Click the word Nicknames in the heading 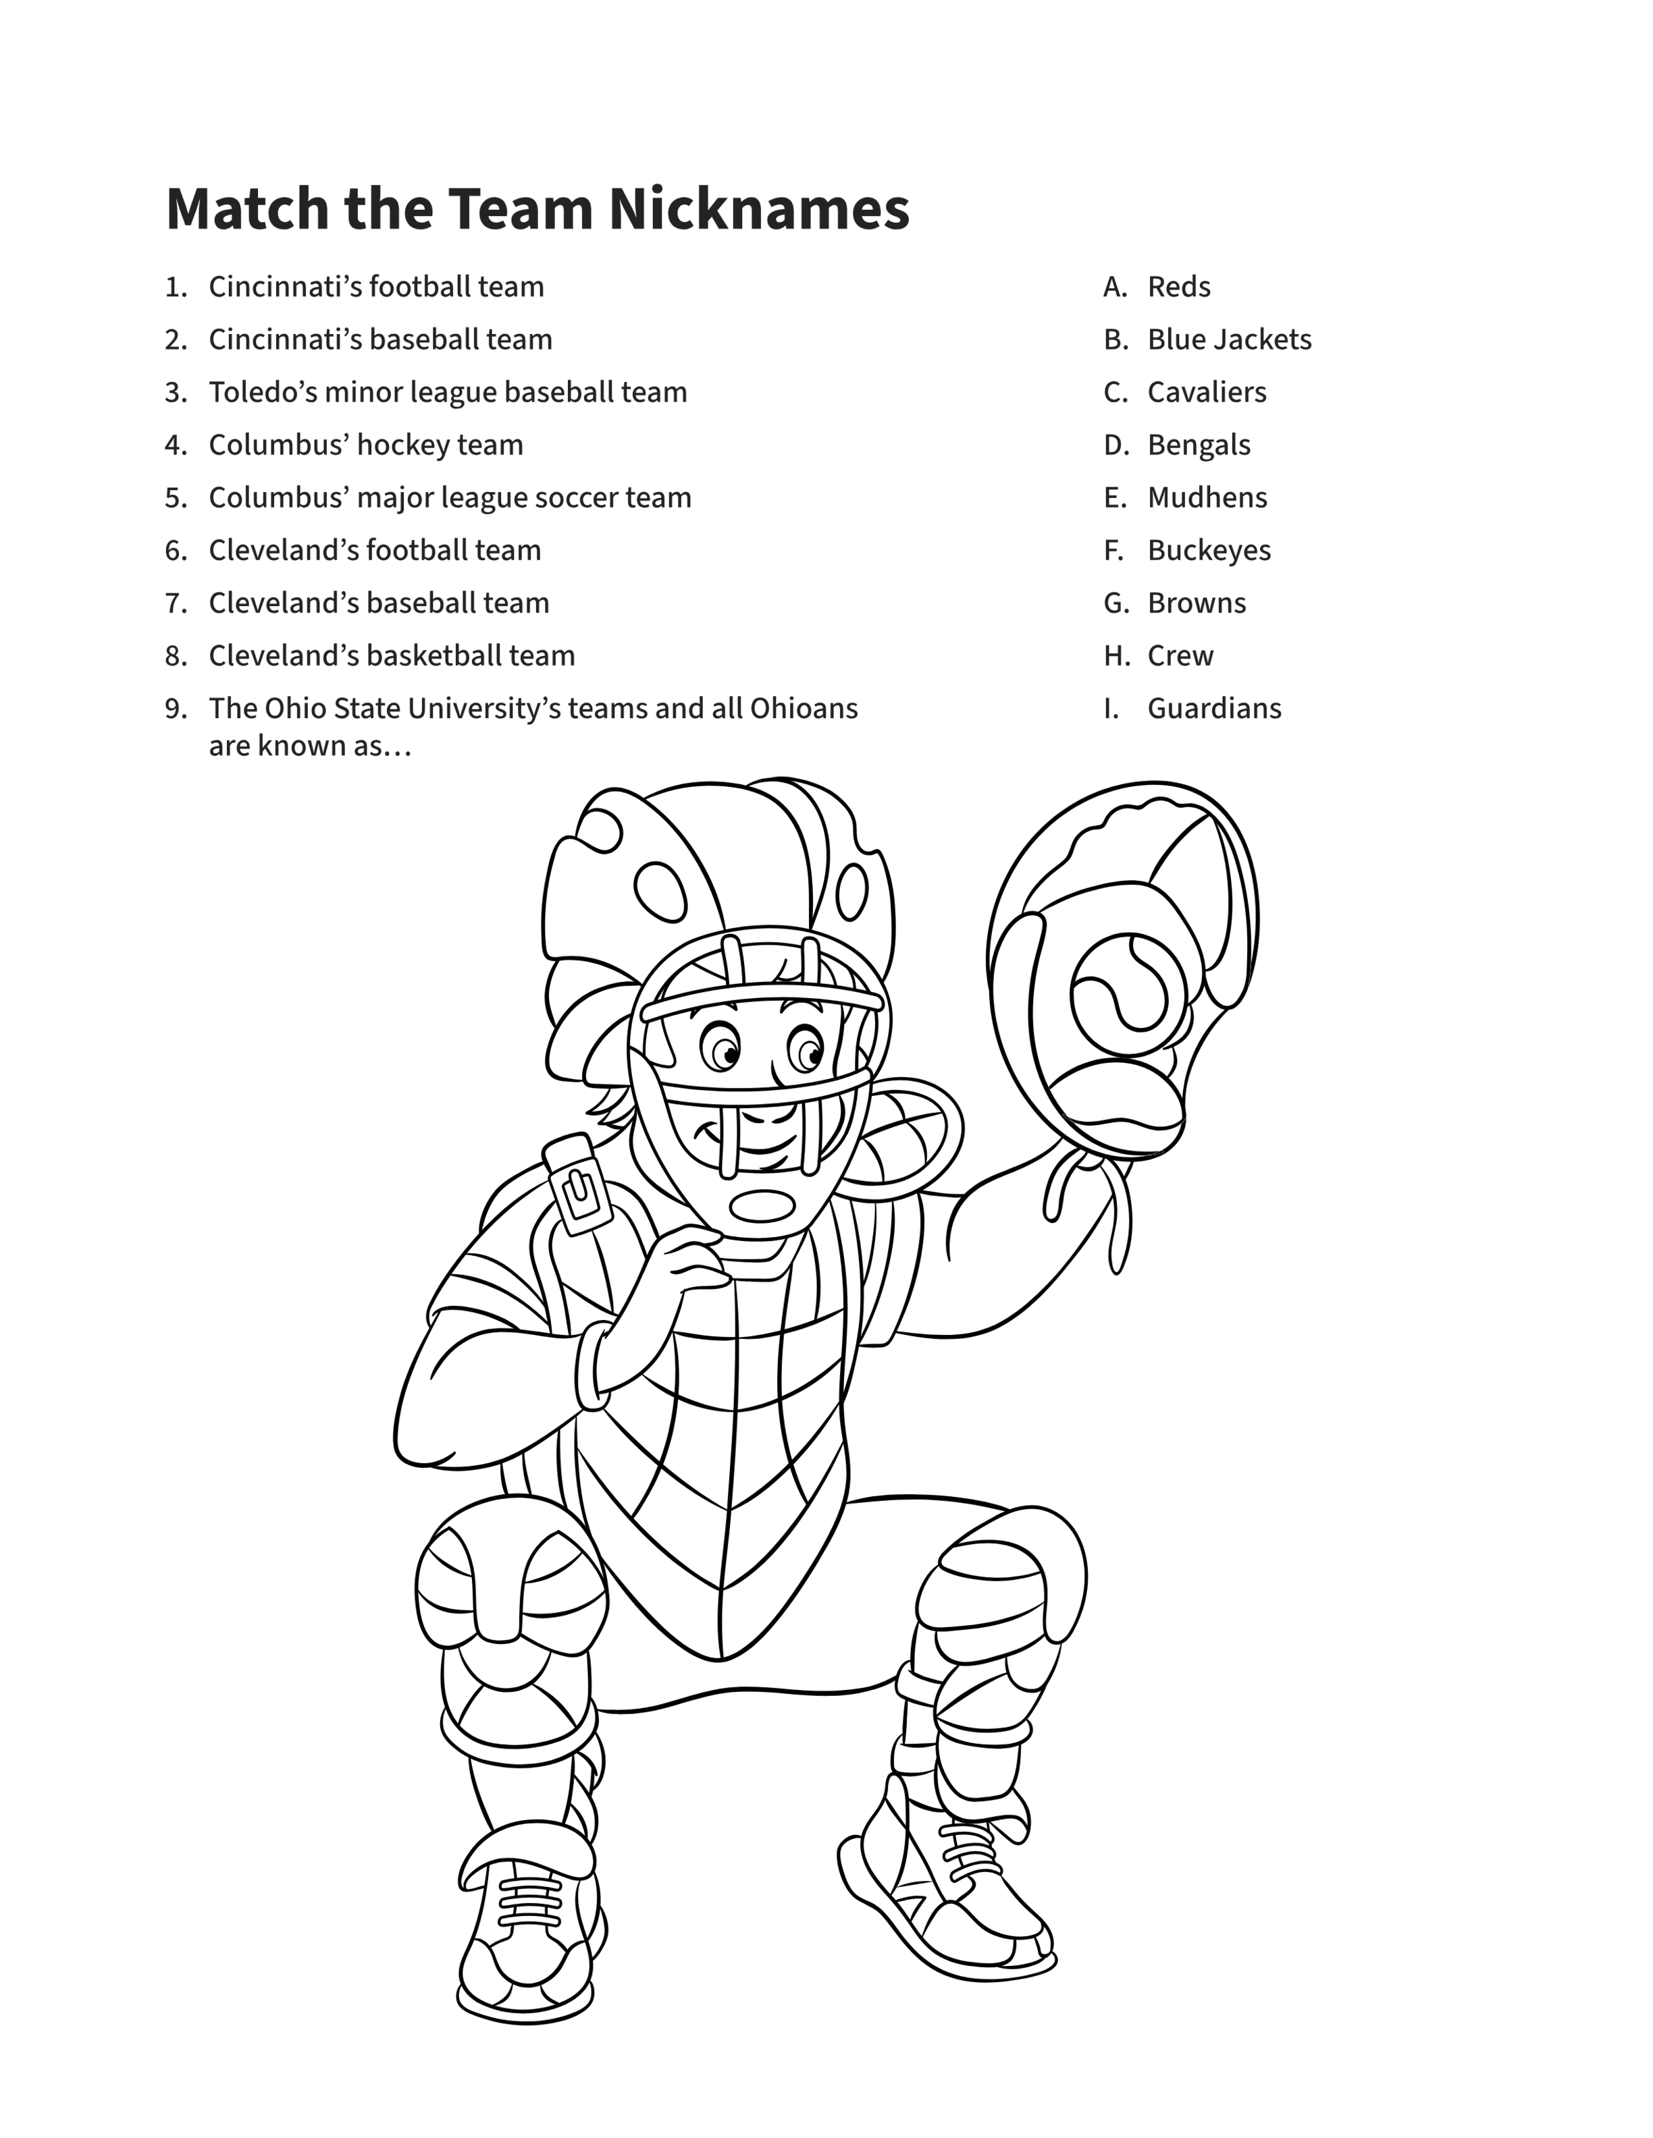pos(759,209)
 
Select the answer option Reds pos(1179,287)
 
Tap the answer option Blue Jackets pos(1229,339)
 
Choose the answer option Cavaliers pos(1207,393)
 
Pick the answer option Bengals pos(1199,445)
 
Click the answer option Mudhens pos(1207,497)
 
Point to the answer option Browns pos(1197,603)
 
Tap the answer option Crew pos(1180,656)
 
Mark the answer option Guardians pos(1214,709)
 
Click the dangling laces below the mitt pos(1087,1209)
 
